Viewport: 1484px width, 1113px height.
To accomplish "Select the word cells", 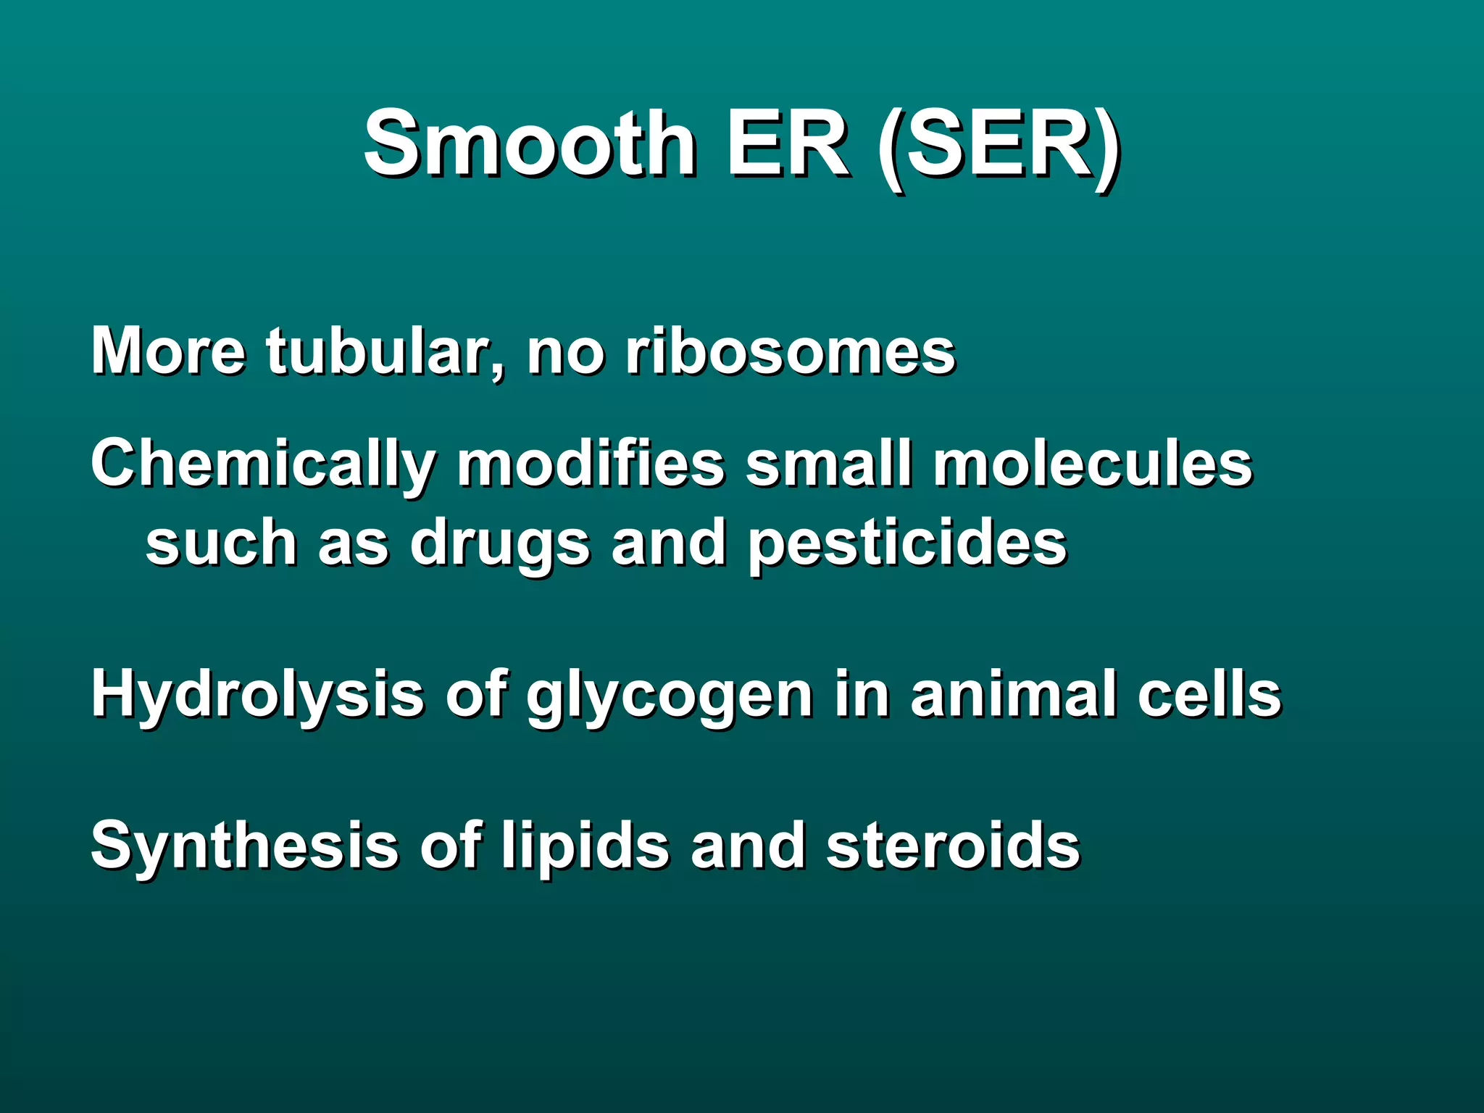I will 1209,694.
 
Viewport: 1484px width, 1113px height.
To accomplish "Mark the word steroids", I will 953,845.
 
